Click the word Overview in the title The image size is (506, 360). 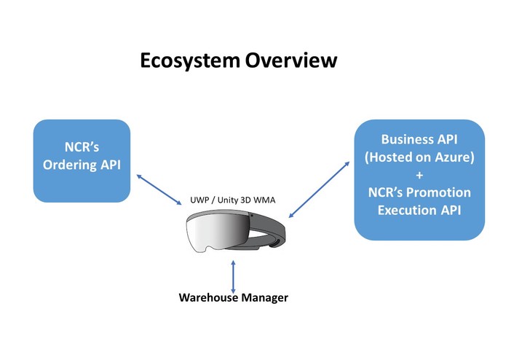tap(290, 60)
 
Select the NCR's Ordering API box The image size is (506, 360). tap(82, 161)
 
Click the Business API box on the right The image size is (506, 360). tap(419, 179)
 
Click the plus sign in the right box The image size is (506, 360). tap(419, 174)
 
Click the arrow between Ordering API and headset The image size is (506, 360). tap(159, 189)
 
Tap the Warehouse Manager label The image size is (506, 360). tap(233, 297)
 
